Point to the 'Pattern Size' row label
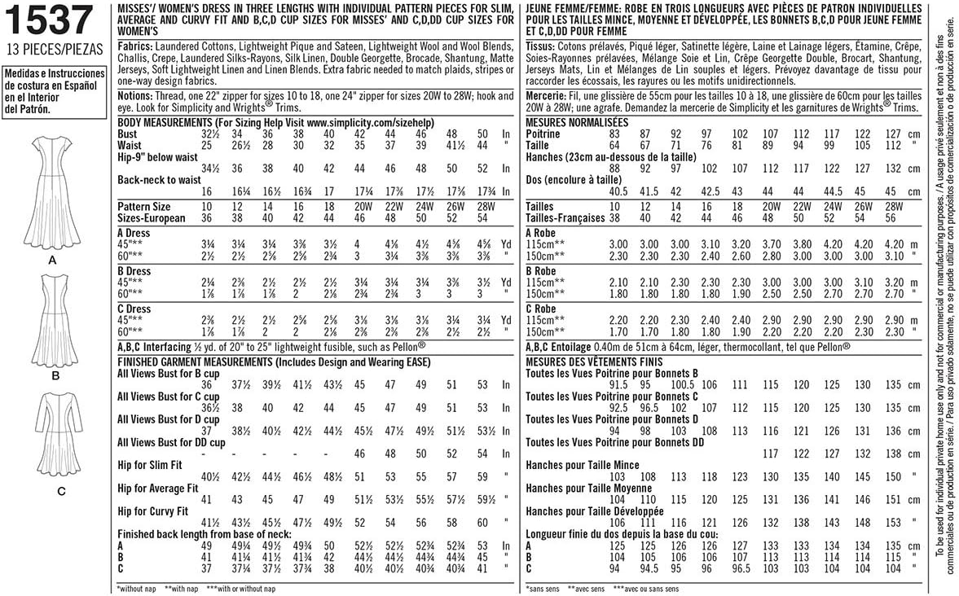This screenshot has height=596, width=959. [x=144, y=207]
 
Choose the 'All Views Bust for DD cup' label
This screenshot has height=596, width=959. [x=171, y=442]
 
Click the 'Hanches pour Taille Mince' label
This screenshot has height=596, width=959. [x=586, y=463]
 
